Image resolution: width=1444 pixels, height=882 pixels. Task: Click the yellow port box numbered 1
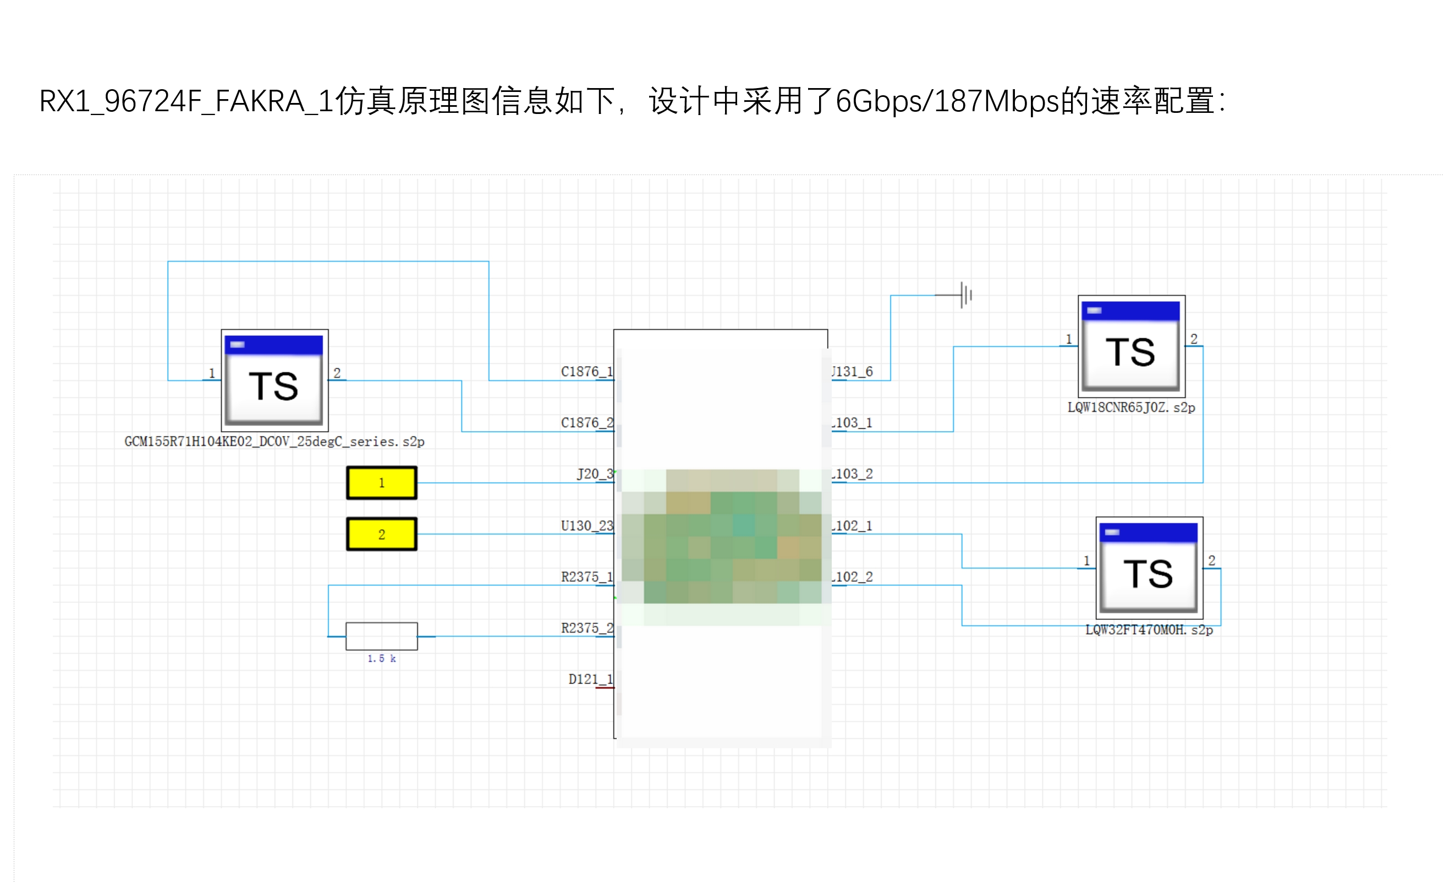pos(382,483)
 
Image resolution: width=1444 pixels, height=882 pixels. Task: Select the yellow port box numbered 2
pos(382,533)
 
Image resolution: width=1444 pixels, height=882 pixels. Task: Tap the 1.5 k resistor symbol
pos(382,636)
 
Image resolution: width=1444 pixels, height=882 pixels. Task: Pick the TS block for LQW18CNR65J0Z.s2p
pos(1131,346)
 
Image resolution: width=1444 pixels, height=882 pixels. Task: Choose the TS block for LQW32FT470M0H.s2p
pos(1149,568)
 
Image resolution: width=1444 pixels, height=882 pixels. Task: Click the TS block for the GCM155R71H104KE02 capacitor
pos(274,380)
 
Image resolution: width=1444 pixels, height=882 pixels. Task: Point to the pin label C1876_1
pos(586,371)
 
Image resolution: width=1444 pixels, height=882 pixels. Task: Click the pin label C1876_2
pos(586,422)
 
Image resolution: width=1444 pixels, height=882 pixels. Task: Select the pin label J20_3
pos(594,473)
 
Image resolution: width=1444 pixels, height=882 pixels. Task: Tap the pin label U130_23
pos(586,525)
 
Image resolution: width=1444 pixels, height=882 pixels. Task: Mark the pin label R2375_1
pos(586,576)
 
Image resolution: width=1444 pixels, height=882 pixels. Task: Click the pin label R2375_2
pos(586,628)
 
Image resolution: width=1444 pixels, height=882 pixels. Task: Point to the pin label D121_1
pos(590,678)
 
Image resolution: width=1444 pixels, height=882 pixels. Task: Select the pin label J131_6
pos(852,371)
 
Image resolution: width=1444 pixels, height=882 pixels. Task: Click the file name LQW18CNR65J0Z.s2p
pos(1131,407)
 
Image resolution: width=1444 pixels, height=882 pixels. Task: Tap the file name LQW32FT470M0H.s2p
pos(1149,629)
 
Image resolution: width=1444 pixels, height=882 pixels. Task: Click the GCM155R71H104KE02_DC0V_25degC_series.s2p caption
pos(274,441)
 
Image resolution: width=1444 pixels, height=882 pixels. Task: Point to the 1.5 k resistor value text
pos(382,658)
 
